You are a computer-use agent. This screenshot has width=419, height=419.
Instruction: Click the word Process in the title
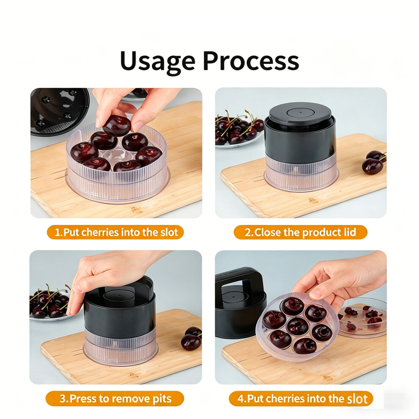click(x=251, y=61)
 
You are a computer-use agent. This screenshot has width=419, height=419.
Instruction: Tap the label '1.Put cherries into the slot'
click(x=116, y=232)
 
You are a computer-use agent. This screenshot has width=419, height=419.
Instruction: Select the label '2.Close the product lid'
click(x=300, y=232)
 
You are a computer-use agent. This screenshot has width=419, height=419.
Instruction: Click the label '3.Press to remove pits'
click(x=115, y=398)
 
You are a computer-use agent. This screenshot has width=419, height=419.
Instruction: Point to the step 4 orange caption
click(x=301, y=398)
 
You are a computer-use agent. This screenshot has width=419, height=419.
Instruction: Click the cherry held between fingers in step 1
click(x=117, y=126)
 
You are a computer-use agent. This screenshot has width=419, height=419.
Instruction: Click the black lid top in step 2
click(x=300, y=113)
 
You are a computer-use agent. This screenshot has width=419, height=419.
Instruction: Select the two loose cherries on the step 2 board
click(x=374, y=162)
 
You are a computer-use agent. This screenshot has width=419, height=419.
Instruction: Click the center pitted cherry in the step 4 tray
click(x=297, y=326)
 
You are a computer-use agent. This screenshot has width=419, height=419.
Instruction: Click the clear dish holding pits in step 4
click(x=363, y=318)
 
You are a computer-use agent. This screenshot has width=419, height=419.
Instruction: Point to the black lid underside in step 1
click(x=59, y=111)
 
